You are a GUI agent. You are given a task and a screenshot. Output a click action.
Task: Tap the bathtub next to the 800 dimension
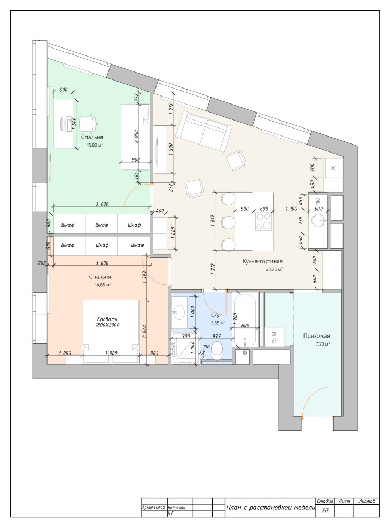[x=245, y=321]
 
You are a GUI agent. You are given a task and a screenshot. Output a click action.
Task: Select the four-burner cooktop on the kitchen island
[x=263, y=221]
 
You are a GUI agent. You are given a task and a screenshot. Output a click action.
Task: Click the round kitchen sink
[x=318, y=221]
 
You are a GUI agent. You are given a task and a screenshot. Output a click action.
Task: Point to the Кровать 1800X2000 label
[x=107, y=322]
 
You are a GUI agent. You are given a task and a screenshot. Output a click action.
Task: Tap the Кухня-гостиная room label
[x=262, y=261]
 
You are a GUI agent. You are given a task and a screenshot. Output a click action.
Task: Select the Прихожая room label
[x=316, y=335]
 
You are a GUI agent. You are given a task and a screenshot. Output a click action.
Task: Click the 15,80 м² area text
[x=95, y=145]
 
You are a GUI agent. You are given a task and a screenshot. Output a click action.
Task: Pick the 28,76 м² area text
[x=274, y=269]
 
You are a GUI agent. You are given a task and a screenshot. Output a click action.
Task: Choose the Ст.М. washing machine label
[x=274, y=337]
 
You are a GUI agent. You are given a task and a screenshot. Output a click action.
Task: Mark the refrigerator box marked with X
[x=333, y=168]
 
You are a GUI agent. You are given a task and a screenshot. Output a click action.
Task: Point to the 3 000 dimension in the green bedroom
[x=102, y=204]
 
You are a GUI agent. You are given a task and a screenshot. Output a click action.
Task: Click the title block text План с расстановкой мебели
[x=270, y=507]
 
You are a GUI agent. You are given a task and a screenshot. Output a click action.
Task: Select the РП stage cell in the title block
[x=325, y=510]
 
